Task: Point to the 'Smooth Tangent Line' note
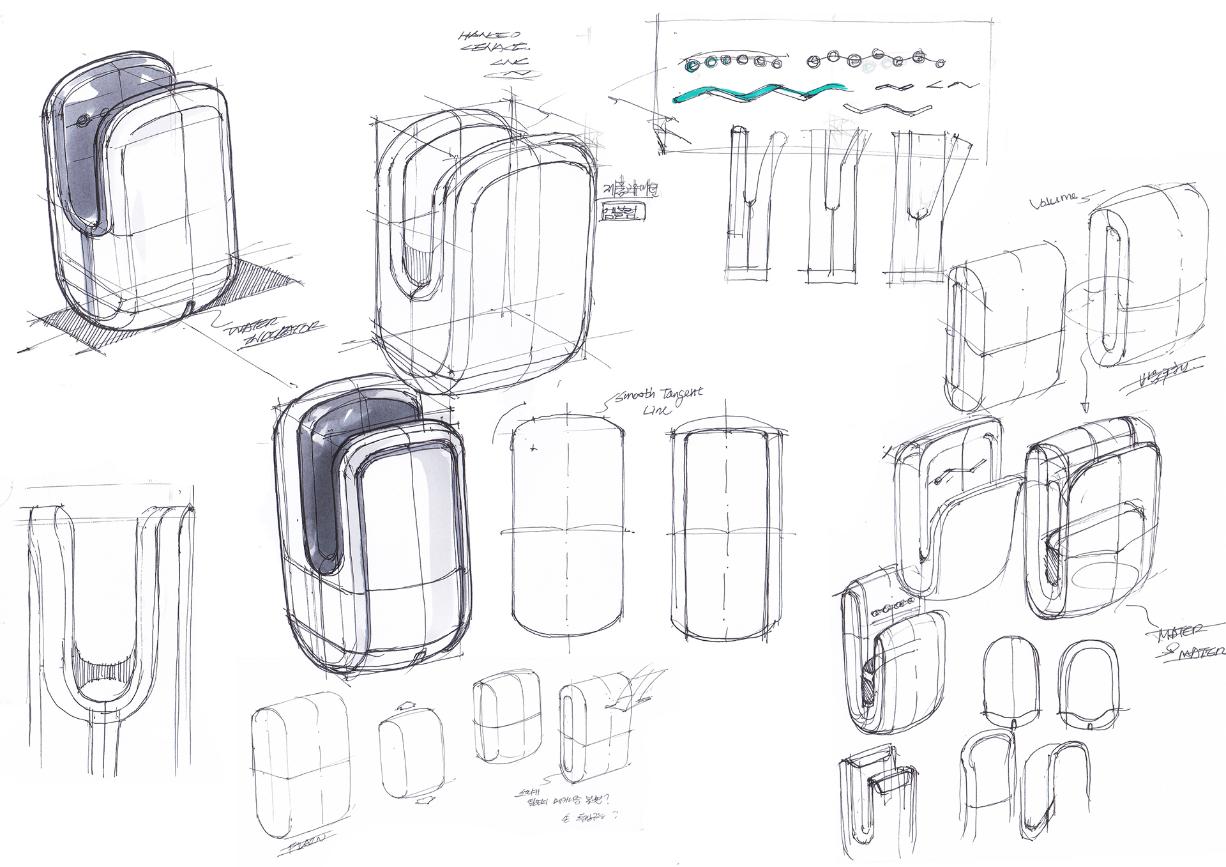tap(658, 399)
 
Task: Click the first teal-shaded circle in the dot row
tap(692, 66)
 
